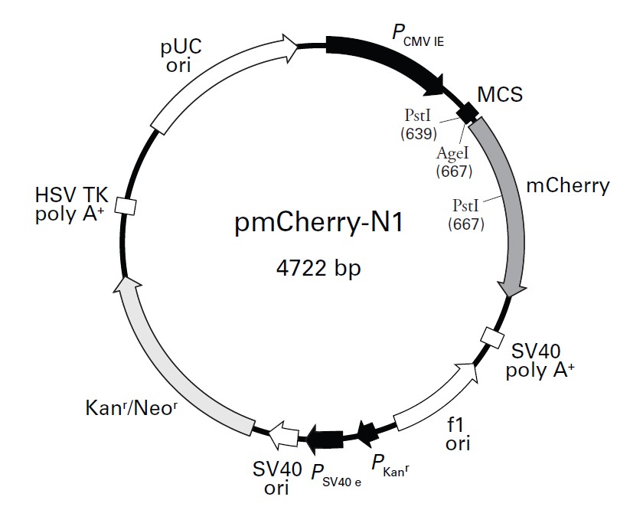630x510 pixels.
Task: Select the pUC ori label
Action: [x=182, y=54]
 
